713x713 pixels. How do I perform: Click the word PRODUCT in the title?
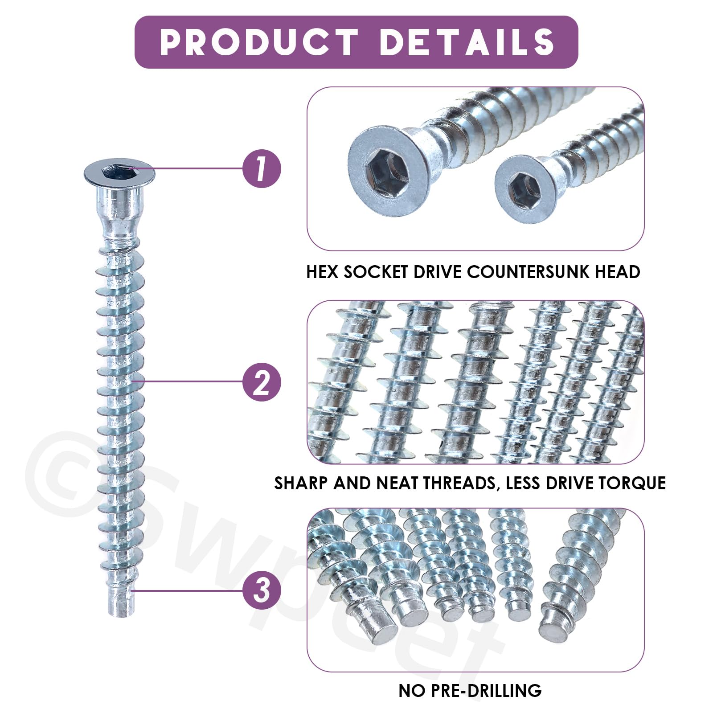[259, 42]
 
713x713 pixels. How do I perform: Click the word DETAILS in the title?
[467, 42]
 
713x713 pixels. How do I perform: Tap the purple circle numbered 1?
[262, 168]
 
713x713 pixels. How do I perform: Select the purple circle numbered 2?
[262, 381]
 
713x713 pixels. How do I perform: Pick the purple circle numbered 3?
[262, 590]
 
